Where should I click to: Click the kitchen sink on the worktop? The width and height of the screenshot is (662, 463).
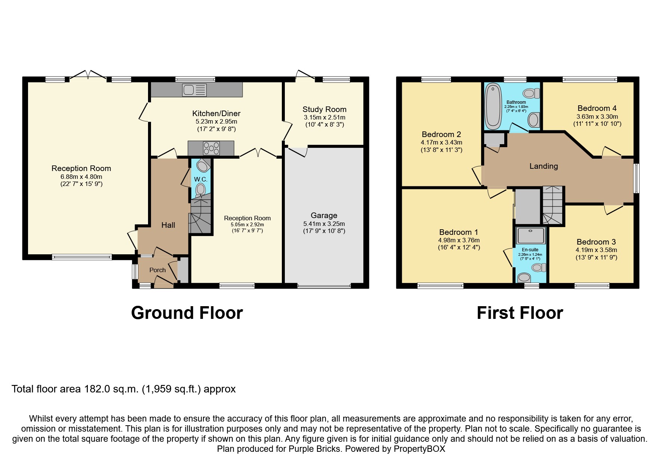pos(194,90)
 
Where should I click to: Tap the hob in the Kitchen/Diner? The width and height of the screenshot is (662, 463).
pos(211,148)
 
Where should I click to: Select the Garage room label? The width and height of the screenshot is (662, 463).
pos(324,215)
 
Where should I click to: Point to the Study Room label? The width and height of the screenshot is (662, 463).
pos(324,109)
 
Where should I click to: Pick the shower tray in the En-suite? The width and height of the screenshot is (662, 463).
pos(531,236)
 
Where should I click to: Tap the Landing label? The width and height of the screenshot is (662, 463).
pos(544,166)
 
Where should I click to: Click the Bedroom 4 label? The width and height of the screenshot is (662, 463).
pos(597,108)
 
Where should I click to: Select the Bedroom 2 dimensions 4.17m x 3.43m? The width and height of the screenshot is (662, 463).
pos(441,143)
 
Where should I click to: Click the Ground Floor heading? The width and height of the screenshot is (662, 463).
pos(187,313)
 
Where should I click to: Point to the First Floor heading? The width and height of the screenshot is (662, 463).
pos(520,313)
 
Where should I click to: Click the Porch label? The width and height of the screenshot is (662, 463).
pos(157,270)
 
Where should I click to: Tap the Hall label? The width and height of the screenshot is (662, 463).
pos(168,225)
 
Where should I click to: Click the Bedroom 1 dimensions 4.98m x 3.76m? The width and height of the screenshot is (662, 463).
pos(459,240)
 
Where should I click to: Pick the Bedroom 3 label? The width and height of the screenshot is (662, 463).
pos(596,242)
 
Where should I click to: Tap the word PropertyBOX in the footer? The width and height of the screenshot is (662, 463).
pos(419,449)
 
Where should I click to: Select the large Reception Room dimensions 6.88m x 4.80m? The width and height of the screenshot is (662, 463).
pos(81,177)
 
